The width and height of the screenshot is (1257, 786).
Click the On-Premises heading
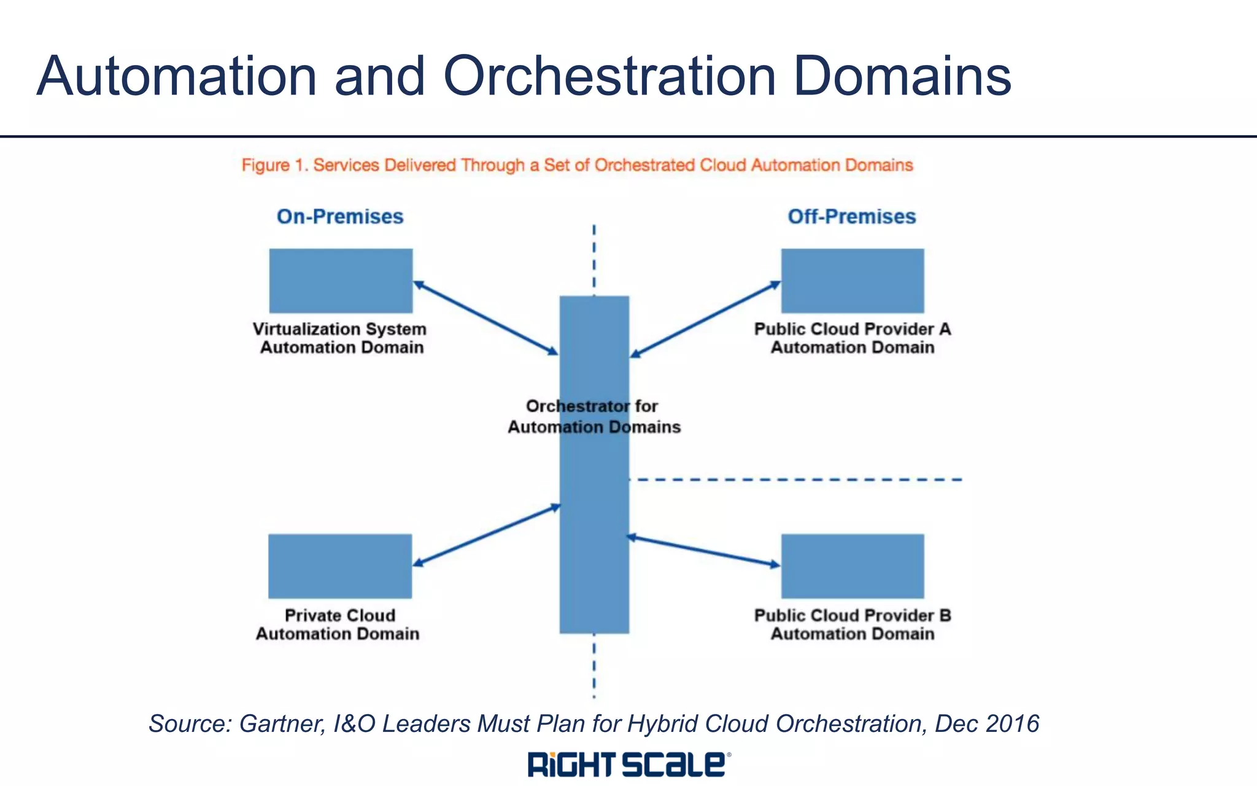click(340, 217)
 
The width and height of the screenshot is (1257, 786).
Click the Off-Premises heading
click(851, 217)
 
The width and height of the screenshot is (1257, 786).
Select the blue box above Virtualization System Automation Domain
click(341, 281)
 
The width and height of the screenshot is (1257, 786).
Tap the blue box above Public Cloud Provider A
click(852, 281)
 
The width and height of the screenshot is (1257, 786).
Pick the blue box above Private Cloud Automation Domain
click(340, 566)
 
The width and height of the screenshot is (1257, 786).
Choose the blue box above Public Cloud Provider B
click(852, 566)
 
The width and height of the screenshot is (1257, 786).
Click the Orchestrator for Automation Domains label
click(594, 416)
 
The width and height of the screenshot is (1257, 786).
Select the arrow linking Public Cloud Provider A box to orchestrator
click(705, 319)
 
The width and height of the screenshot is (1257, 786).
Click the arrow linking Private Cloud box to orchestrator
click(486, 534)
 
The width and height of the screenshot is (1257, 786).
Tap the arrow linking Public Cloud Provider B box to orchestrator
click(703, 551)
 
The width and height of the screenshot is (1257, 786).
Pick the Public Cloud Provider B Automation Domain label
click(853, 625)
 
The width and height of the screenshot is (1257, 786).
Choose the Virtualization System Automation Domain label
click(341, 338)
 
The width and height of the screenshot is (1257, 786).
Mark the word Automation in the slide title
click(177, 77)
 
